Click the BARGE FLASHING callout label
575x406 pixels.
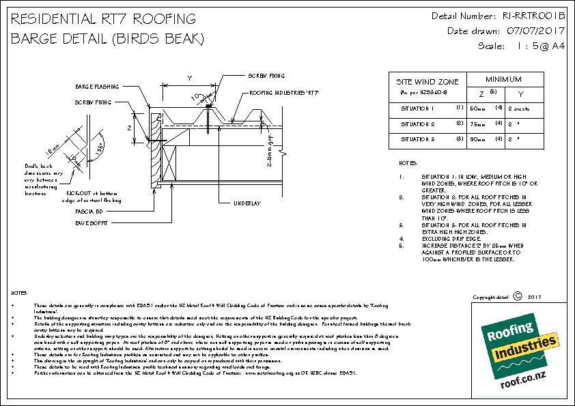click(96, 87)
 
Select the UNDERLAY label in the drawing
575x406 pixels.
click(247, 203)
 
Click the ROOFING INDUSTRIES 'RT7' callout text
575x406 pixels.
click(285, 92)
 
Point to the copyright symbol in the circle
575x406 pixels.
click(516, 297)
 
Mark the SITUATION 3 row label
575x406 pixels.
click(418, 139)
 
